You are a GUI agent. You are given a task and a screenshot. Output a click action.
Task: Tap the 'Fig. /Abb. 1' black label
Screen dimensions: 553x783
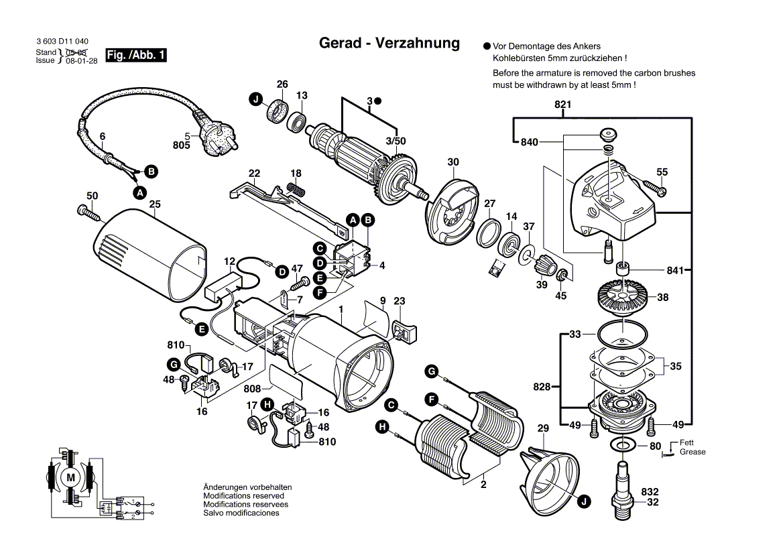tap(136, 56)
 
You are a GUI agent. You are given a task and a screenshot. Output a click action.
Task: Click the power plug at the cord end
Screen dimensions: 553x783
tap(217, 138)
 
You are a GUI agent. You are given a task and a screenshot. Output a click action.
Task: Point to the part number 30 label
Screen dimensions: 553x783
tap(453, 162)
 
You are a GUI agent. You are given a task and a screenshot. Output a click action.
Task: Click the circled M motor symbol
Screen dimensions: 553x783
tap(70, 477)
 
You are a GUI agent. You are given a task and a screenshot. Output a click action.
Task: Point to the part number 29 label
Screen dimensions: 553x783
tap(543, 428)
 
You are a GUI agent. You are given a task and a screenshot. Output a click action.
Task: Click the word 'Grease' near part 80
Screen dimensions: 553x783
tap(692, 452)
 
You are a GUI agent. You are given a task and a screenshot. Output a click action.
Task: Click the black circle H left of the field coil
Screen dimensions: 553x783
tap(381, 426)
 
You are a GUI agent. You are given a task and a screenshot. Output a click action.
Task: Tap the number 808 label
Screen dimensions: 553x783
tap(252, 389)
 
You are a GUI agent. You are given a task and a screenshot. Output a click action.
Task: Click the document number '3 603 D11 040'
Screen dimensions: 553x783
tap(62, 42)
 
